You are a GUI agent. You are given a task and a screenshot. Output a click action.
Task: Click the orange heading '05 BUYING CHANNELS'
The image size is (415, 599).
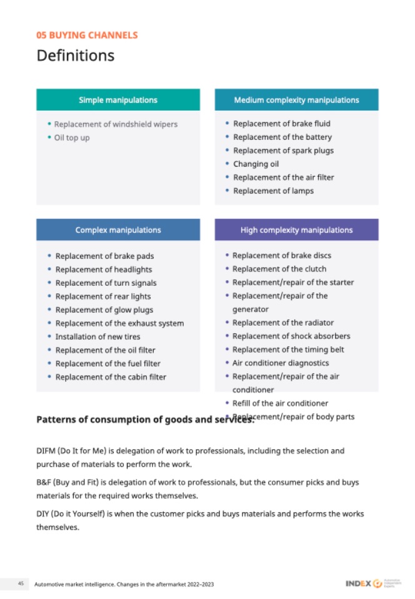[x=87, y=35]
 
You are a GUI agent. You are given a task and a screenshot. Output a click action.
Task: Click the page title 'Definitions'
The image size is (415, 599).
[x=76, y=56]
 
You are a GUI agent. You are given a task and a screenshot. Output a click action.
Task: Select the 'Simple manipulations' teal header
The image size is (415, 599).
[x=118, y=100]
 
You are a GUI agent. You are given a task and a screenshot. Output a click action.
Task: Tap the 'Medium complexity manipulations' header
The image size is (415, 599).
[x=296, y=100]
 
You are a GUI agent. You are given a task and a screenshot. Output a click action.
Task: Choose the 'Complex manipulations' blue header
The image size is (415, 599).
[x=118, y=230]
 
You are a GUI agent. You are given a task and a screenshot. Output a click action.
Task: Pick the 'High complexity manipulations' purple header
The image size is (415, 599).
[x=296, y=230]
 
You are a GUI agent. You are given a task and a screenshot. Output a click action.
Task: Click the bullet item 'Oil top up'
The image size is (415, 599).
[x=72, y=137]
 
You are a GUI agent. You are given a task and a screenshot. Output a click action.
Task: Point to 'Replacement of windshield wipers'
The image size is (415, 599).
[x=116, y=124]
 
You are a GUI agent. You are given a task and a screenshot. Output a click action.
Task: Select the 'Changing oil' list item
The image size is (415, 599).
[x=256, y=164]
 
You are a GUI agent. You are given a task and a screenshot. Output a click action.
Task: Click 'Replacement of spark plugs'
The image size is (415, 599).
[x=283, y=150]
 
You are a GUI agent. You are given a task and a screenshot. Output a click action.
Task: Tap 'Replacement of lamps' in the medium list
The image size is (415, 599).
[x=273, y=191]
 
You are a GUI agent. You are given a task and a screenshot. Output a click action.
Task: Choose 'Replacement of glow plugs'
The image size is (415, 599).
[x=104, y=310]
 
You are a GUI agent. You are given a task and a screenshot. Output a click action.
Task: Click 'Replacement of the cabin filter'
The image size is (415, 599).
[x=111, y=377]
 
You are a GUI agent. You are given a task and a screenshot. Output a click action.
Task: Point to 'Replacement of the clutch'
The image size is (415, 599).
[x=279, y=269]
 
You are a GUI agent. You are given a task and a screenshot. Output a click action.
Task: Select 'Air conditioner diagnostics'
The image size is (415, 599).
[x=280, y=363]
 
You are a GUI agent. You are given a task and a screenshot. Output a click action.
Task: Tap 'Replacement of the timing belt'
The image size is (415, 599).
[x=288, y=350]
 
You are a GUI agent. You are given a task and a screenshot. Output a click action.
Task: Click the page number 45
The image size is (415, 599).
[x=21, y=583]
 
